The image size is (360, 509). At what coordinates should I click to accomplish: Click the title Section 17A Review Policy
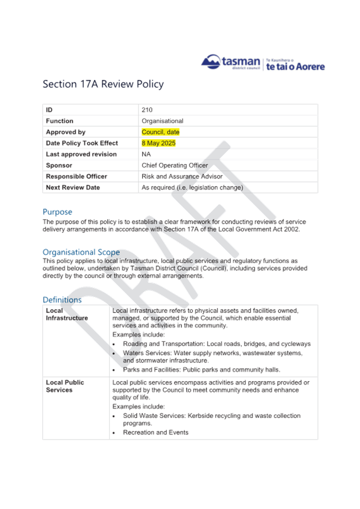(x=103, y=84)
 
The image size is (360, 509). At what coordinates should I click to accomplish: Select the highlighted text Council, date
(x=160, y=132)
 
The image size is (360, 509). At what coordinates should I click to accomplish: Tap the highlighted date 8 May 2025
(x=159, y=143)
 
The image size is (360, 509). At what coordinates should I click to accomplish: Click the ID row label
(x=49, y=110)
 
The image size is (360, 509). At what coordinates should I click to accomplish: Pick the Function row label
(x=59, y=121)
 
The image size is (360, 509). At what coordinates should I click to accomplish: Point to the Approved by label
(x=66, y=132)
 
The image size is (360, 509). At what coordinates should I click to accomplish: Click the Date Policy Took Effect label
(x=82, y=143)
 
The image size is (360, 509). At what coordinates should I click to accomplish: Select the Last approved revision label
(x=81, y=154)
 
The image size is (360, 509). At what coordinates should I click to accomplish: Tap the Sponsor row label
(x=59, y=165)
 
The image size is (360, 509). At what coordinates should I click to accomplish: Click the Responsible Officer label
(x=77, y=177)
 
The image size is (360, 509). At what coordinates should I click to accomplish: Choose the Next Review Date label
(x=73, y=188)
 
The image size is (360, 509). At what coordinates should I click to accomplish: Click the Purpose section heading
(x=57, y=212)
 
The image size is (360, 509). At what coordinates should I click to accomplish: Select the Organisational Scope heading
(x=81, y=252)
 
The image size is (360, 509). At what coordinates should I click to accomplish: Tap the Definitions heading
(x=62, y=300)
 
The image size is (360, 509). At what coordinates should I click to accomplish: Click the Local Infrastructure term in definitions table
(x=67, y=314)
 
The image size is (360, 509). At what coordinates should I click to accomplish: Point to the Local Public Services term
(x=65, y=386)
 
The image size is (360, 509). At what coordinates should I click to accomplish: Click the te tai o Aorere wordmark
(x=295, y=66)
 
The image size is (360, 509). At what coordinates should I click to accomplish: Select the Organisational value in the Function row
(x=162, y=121)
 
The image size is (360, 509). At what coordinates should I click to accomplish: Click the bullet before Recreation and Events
(x=114, y=433)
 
